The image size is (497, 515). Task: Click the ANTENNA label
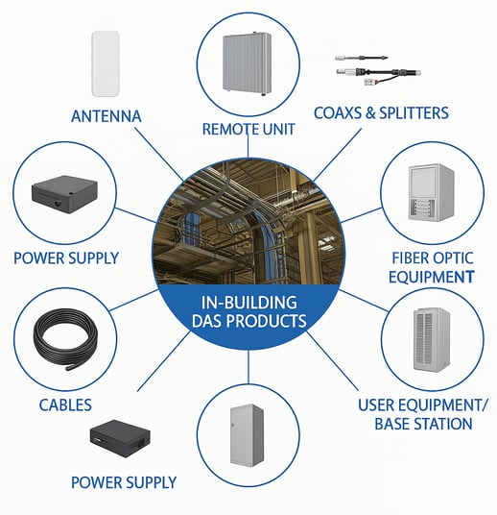106,116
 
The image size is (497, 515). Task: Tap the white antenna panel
106,63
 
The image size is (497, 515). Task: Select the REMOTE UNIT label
248,129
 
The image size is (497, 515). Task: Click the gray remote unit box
248,63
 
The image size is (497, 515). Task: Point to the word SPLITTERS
414,113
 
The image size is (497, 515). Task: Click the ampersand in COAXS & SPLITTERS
370,113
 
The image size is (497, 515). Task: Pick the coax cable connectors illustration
377,70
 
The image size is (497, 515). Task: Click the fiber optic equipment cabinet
432,192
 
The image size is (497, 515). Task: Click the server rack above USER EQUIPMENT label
432,340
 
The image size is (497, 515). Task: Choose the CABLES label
65,405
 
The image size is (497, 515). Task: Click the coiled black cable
65,339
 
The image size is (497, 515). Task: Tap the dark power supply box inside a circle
64,195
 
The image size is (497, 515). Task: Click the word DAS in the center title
206,321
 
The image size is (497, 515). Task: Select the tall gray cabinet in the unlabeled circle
247,435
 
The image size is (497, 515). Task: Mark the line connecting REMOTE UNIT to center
248,146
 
